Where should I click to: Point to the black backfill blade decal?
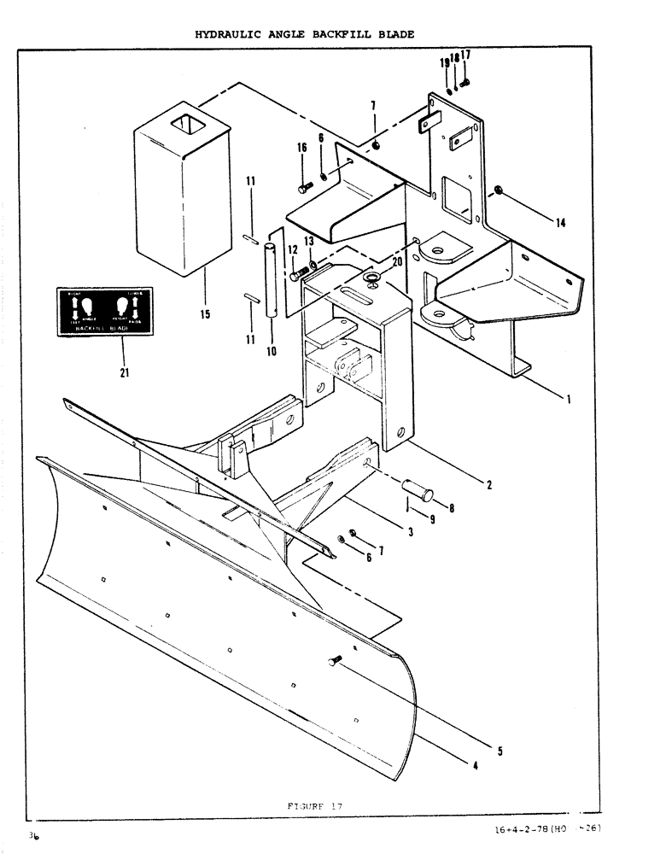[x=104, y=312]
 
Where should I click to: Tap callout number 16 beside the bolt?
[x=301, y=149]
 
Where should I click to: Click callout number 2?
[x=488, y=485]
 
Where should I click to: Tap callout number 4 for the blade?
[x=474, y=765]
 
